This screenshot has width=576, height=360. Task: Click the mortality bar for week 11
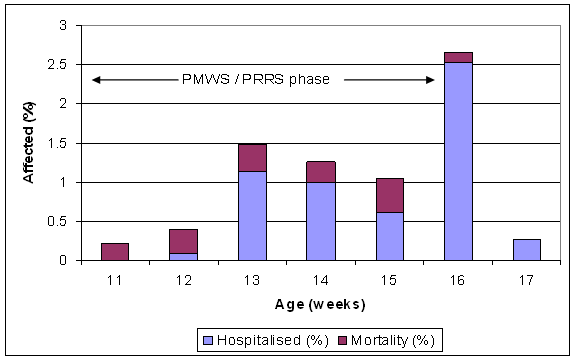tap(114, 251)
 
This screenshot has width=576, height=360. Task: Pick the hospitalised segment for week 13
tap(253, 215)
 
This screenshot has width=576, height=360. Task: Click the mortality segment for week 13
tap(253, 158)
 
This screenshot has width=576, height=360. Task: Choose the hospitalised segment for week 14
tap(321, 221)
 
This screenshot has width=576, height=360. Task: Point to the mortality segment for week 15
tap(389, 195)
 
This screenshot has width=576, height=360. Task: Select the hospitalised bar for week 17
tap(526, 249)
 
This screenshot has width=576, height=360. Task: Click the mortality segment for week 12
tap(183, 241)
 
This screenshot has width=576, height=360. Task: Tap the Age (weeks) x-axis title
tap(320, 301)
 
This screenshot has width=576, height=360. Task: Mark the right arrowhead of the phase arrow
tap(430, 79)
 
